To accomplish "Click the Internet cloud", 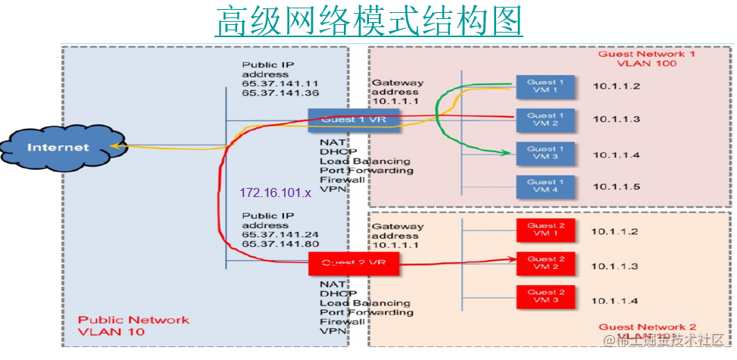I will pyautogui.click(x=59, y=147).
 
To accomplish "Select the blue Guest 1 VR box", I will pyautogui.click(x=353, y=120).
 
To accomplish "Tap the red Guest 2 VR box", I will pyautogui.click(x=353, y=264).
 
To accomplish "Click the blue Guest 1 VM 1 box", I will pyautogui.click(x=545, y=86).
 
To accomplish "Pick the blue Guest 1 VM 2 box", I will pyautogui.click(x=545, y=120).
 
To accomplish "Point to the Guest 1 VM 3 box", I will pyautogui.click(x=545, y=153).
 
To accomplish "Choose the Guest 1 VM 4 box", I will pyautogui.click(x=545, y=186).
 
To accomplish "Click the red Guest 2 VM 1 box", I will pyautogui.click(x=545, y=230).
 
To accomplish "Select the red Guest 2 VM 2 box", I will pyautogui.click(x=545, y=264).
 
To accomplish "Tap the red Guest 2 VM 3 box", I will pyautogui.click(x=545, y=296).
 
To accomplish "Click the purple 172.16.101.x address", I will pyautogui.click(x=276, y=193).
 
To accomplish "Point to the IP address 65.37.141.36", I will pyautogui.click(x=280, y=92).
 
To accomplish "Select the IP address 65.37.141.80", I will pyautogui.click(x=280, y=244).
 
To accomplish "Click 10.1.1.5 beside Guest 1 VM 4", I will pyautogui.click(x=617, y=186).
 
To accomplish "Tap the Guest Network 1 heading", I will pyautogui.click(x=646, y=55).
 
